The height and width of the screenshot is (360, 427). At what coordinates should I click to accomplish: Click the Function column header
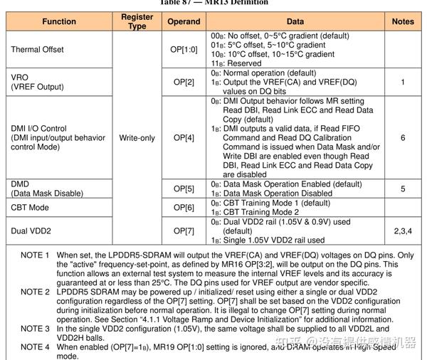(x=59, y=21)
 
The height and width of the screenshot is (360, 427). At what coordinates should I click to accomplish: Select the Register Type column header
(x=137, y=21)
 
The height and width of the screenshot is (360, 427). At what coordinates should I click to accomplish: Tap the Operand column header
(x=184, y=21)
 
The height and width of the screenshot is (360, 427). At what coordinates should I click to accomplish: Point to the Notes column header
(x=403, y=21)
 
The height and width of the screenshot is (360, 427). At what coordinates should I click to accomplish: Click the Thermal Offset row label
(x=37, y=49)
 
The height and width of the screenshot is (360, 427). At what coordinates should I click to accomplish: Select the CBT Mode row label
(x=30, y=207)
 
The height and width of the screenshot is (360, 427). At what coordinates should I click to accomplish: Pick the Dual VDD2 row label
(x=31, y=231)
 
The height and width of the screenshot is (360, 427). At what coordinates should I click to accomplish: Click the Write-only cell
(x=137, y=137)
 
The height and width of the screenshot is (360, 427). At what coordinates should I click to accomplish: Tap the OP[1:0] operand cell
(x=184, y=49)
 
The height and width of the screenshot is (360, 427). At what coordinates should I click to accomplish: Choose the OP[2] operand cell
(x=184, y=82)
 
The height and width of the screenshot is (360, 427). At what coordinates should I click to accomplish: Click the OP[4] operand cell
(x=184, y=137)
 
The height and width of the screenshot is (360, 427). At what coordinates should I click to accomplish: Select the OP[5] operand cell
(x=184, y=189)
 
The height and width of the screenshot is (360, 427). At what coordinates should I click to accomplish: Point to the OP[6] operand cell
(x=184, y=207)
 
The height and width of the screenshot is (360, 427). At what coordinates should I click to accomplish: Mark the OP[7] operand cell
(x=184, y=231)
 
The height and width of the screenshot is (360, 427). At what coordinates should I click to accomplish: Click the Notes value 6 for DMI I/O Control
(x=403, y=137)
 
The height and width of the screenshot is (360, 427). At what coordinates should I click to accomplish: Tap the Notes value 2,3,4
(x=403, y=231)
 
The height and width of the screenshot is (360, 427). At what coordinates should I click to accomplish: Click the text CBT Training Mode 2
(x=268, y=212)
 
